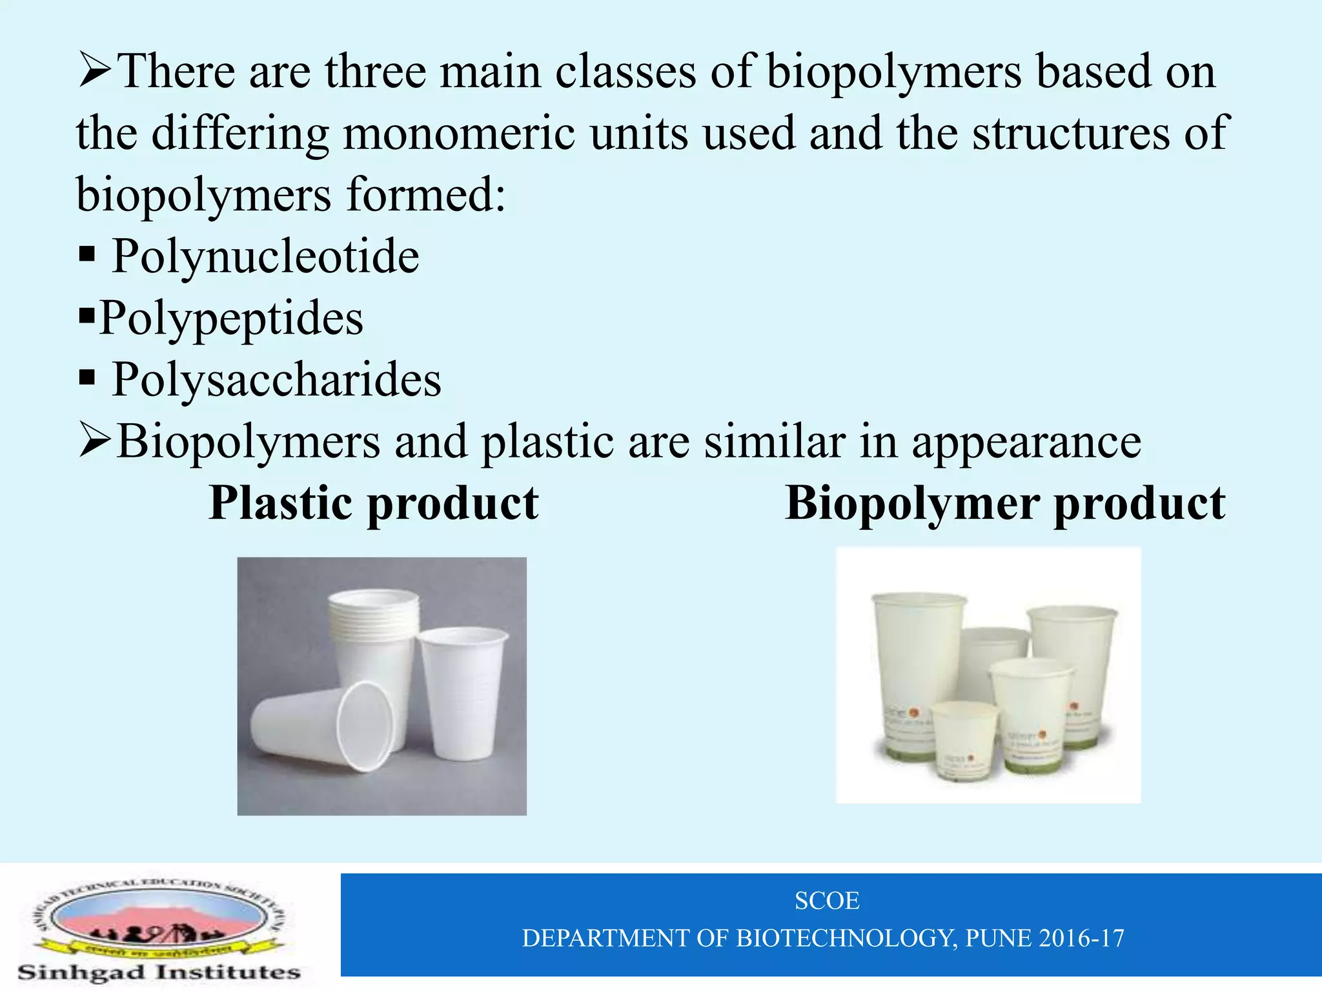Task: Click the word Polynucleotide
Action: coord(265,257)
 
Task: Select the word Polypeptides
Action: coord(231,319)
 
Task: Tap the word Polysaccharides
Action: coord(276,379)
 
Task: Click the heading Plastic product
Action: coord(374,503)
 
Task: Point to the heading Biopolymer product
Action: coord(1005,503)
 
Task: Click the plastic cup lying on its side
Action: coord(323,726)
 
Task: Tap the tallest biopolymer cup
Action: coord(917,671)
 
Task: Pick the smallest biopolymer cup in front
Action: coord(964,739)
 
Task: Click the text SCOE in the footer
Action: coord(827,901)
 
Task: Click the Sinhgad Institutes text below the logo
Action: coord(159,972)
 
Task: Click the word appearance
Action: coord(1026,443)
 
